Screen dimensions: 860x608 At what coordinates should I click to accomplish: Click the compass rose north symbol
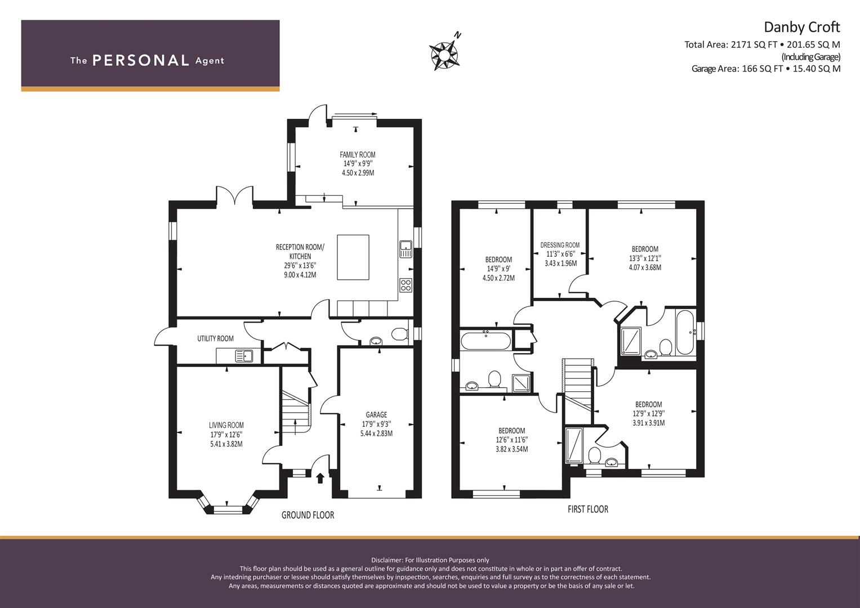point(444,53)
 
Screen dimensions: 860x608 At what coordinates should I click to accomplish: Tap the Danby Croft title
point(801,27)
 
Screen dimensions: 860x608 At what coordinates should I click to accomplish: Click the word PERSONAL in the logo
point(141,60)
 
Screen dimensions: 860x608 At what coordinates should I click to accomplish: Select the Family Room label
point(358,155)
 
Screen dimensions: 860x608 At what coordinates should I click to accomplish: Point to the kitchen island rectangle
point(353,257)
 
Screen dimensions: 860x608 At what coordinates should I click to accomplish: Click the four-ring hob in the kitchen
point(406,285)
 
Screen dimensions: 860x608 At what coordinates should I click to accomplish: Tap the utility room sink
point(244,356)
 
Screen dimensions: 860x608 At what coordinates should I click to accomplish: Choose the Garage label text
point(376,414)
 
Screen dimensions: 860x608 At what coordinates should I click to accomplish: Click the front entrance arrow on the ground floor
point(320,478)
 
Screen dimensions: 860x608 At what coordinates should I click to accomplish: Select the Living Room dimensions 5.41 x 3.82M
point(226,444)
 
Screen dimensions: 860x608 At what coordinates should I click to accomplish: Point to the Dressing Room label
point(560,245)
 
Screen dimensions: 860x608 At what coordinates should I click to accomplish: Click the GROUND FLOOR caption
point(308,515)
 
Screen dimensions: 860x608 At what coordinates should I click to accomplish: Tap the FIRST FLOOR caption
point(588,509)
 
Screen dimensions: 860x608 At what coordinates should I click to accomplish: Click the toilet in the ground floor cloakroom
point(400,333)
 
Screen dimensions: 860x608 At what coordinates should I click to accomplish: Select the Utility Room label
point(215,338)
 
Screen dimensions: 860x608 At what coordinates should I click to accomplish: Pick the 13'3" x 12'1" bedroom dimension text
point(645,258)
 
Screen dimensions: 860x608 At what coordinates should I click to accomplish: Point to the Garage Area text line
point(766,69)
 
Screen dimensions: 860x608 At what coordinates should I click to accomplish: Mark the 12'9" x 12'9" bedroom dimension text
point(648,413)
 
